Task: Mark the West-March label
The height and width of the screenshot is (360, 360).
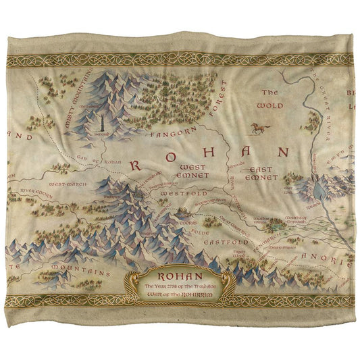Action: pyautogui.click(x=66, y=183)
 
